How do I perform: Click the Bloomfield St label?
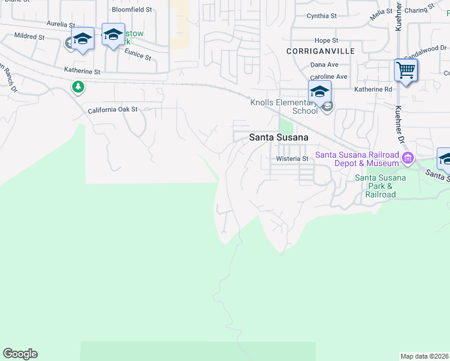pyautogui.click(x=132, y=10)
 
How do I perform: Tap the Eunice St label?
pyautogui.click(x=138, y=55)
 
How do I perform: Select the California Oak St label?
pyautogui.click(x=112, y=110)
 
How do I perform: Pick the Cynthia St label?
pyautogui.click(x=322, y=16)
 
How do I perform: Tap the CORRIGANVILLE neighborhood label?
pyautogui.click(x=321, y=51)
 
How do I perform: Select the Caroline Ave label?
pyautogui.click(x=328, y=77)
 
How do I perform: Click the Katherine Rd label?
pyautogui.click(x=373, y=89)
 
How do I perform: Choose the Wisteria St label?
pyautogui.click(x=292, y=159)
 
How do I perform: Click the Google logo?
pyautogui.click(x=20, y=354)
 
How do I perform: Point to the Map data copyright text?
pyautogui.click(x=425, y=356)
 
